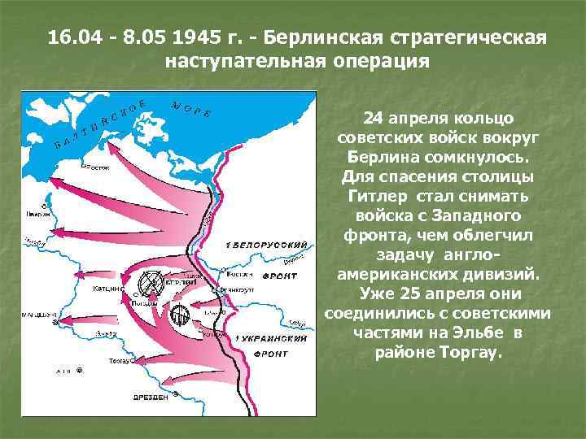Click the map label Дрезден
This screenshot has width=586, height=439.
coord(152,398)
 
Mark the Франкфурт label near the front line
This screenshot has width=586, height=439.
coord(239,289)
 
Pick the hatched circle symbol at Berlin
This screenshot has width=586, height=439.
coord(151,282)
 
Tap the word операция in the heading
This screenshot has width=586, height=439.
coord(368,61)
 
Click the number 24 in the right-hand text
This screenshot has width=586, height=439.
coord(372,118)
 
